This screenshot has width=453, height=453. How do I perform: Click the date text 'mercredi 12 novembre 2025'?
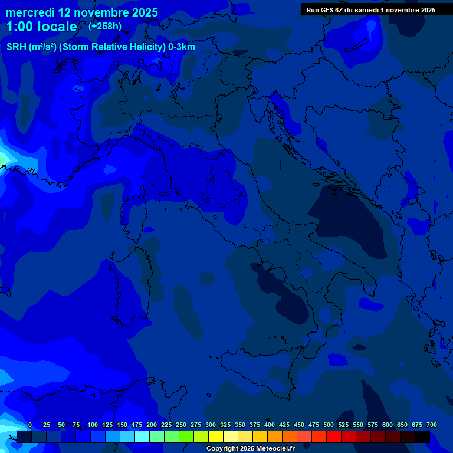[x=82, y=12]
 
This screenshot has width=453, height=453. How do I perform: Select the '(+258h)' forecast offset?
[x=105, y=26]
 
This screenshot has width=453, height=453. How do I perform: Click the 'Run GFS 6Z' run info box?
[x=370, y=9]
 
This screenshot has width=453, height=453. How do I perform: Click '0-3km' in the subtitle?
[x=182, y=47]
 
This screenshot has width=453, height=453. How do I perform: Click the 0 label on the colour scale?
[x=30, y=425]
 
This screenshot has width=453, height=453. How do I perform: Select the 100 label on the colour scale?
[x=93, y=425]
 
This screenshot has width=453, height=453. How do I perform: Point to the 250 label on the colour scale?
[x=181, y=425]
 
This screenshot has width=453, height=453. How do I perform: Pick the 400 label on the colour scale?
[x=270, y=425]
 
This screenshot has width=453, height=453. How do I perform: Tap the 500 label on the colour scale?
[x=329, y=425]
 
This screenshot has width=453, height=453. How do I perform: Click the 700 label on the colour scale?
[x=432, y=425]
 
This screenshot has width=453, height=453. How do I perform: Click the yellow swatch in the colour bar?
[x=216, y=436]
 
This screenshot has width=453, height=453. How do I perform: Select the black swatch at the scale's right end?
[x=422, y=436]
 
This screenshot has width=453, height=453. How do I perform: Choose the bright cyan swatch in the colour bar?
[x=142, y=436]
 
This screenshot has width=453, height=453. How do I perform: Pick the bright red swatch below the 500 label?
[x=334, y=436]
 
